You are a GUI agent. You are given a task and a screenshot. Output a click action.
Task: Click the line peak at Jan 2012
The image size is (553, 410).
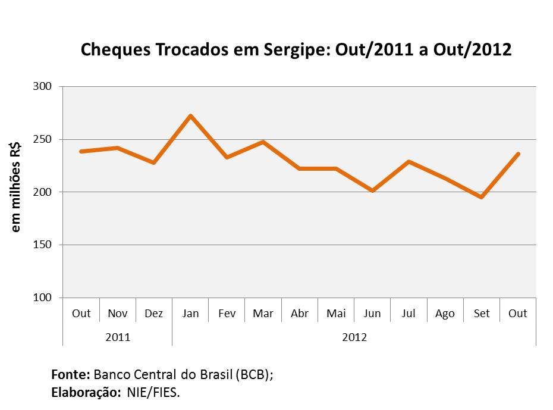point(190,115)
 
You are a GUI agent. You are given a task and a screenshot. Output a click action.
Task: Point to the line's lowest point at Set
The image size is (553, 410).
point(481,197)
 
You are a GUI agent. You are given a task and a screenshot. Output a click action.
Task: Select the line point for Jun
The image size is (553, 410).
point(372,190)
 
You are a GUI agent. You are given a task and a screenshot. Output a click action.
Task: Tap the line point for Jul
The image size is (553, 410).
point(409,161)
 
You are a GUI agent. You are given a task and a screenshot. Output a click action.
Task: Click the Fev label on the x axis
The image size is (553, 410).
point(227,314)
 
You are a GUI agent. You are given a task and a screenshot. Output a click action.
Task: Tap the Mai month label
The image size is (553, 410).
point(335,314)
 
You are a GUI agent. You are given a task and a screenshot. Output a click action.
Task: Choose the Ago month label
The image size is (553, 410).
point(445,314)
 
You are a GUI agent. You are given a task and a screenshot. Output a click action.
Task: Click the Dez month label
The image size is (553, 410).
point(153,314)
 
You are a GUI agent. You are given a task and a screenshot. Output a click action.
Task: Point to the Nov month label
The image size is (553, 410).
point(117,314)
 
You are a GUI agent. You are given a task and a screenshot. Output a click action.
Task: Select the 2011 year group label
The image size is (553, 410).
point(117,337)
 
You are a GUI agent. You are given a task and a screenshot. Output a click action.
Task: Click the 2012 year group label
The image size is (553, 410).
point(354,337)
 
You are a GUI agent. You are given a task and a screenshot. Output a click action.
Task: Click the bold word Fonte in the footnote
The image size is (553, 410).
point(70,375)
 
